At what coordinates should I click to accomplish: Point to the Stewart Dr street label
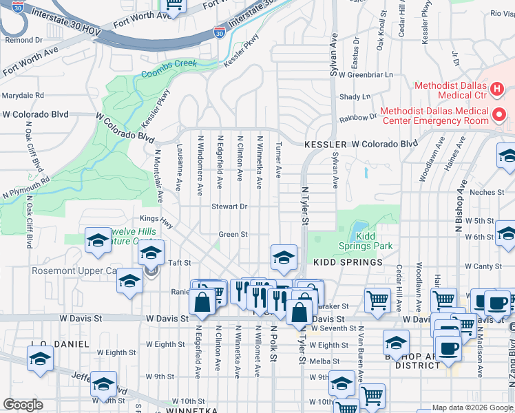click(229, 206)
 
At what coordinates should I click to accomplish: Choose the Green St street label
click(233, 235)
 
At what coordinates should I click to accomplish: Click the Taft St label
click(179, 263)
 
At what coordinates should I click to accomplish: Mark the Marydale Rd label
click(23, 96)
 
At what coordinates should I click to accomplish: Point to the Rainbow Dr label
click(363, 116)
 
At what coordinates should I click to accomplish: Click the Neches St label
click(490, 193)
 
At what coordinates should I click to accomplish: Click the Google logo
click(23, 405)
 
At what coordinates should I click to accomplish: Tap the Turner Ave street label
click(279, 160)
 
